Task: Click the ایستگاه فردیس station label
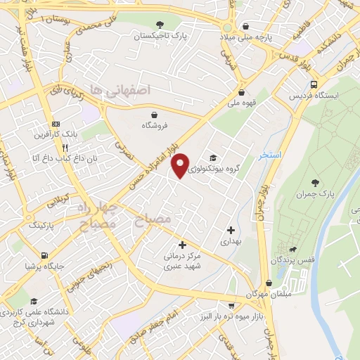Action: (x=316, y=94)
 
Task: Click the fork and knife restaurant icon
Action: (x=65, y=148)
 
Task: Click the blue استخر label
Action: (x=271, y=154)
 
